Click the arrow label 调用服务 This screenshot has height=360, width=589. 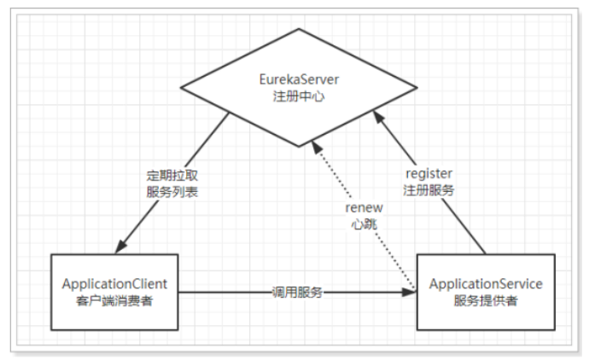click(294, 292)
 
